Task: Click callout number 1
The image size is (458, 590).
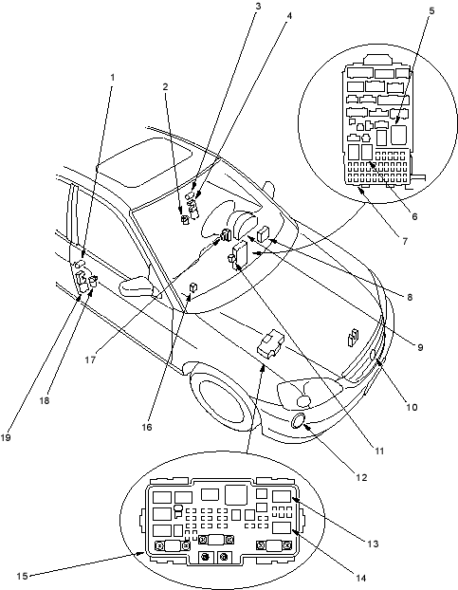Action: pos(112,78)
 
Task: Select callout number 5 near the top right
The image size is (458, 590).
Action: pos(431,11)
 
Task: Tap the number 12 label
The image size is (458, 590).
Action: pos(361,477)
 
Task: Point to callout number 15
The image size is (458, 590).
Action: pos(22,576)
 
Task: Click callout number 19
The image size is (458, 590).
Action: pos(6,437)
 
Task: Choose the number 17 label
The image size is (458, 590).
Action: pos(90,360)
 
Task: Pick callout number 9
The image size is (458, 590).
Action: pos(420,347)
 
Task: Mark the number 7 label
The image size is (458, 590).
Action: pos(405,241)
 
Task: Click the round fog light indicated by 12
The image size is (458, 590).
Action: pos(299,420)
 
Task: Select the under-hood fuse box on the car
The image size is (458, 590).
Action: pos(271,342)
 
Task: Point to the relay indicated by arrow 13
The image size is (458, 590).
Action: pos(282,497)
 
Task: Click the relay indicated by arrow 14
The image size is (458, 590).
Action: pos(282,527)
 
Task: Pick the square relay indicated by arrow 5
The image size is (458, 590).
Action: pos(398,135)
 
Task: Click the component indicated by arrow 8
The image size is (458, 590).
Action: pos(263,233)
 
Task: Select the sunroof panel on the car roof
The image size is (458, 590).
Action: pos(144,162)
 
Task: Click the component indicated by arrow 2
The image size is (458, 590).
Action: pos(185,219)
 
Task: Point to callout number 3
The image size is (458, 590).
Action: pos(258,7)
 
